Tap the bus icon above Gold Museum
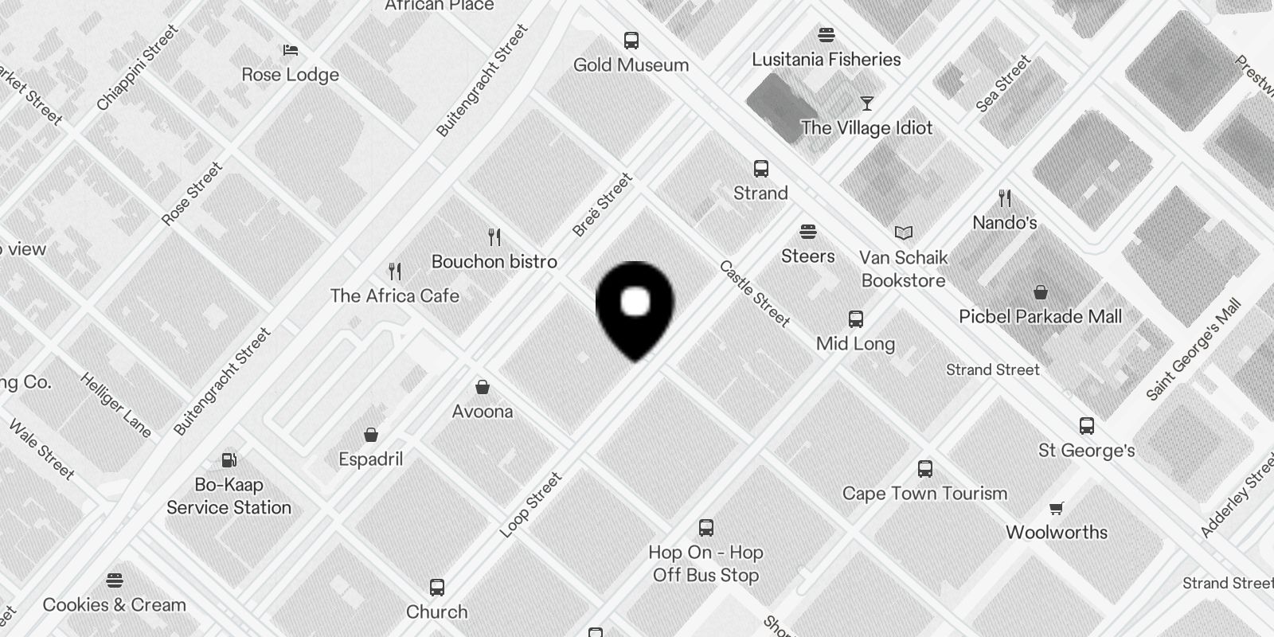click(631, 40)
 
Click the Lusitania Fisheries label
click(827, 59)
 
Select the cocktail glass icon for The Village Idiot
click(866, 104)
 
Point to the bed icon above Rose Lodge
click(291, 50)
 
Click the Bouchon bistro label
click(494, 261)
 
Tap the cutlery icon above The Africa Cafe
click(395, 272)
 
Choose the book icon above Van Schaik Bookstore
click(903, 233)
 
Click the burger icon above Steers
click(808, 232)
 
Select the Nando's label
click(1004, 222)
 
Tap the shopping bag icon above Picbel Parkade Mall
click(1040, 292)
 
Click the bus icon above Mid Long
click(856, 319)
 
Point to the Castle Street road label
click(753, 294)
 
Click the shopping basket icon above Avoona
click(482, 388)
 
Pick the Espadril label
click(371, 459)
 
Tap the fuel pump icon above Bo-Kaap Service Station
click(229, 459)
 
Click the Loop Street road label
click(530, 505)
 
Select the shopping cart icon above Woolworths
click(1057, 508)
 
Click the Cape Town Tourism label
click(924, 493)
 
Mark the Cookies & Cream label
click(115, 604)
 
